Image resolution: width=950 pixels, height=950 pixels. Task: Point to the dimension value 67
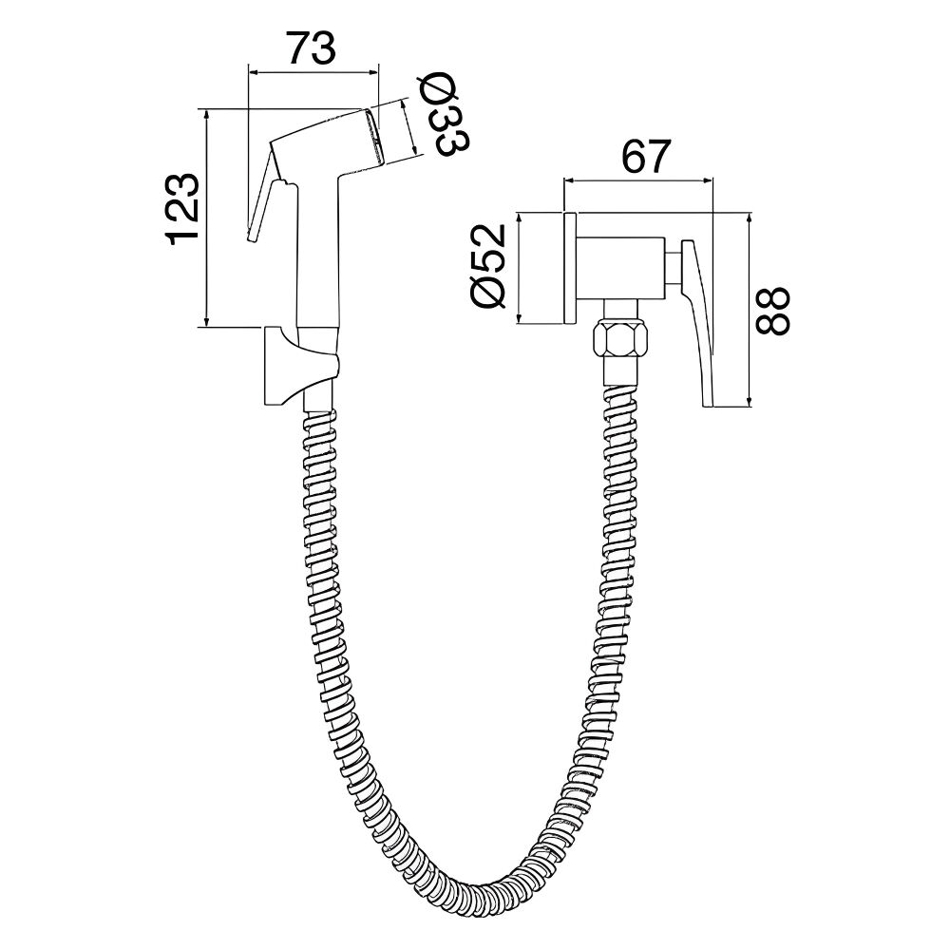pyautogui.click(x=647, y=157)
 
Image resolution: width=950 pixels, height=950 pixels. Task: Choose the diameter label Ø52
pyautogui.click(x=487, y=267)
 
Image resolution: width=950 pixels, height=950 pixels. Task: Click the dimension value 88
pyautogui.click(x=772, y=311)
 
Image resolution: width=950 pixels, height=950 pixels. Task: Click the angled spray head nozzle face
pyautogui.click(x=375, y=136)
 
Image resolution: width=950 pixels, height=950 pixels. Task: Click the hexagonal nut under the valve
pyautogui.click(x=621, y=340)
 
